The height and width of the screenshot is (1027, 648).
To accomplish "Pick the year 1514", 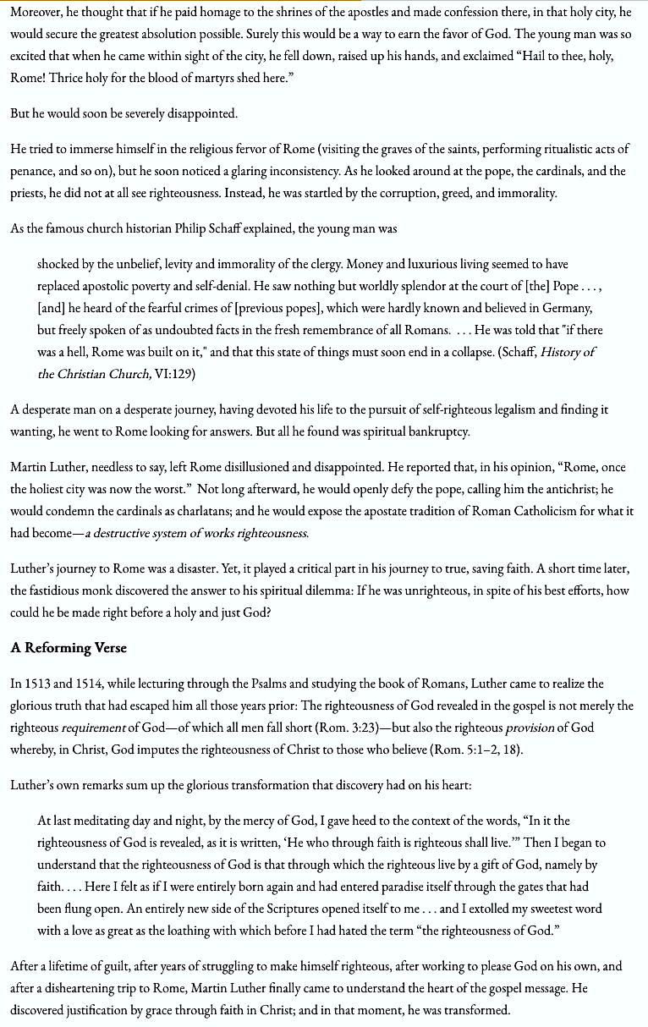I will click(x=97, y=684).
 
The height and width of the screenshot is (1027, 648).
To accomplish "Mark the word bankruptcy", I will click(x=437, y=431).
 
